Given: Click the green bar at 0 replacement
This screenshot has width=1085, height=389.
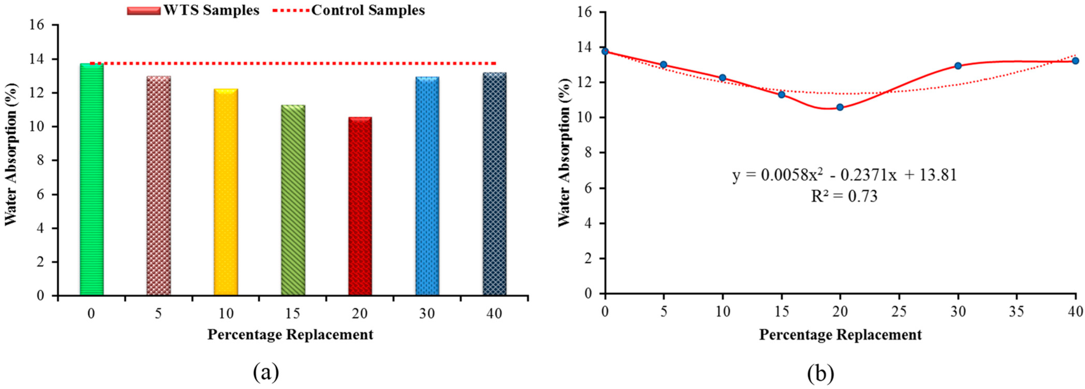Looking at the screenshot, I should click(x=91, y=179).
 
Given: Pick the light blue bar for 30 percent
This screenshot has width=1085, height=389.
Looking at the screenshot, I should click(x=427, y=185).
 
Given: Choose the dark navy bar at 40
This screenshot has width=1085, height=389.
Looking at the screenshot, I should click(x=494, y=183).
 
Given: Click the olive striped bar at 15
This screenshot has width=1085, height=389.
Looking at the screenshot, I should click(x=293, y=200).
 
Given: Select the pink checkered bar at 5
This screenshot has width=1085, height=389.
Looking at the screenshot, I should click(x=159, y=185).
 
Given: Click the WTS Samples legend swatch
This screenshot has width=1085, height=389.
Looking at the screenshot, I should click(x=143, y=10).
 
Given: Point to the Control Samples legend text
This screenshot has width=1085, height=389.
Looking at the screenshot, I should click(x=368, y=10).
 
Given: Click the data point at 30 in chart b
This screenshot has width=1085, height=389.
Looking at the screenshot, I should click(x=958, y=66).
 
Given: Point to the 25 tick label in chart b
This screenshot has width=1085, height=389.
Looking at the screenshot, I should click(x=899, y=311).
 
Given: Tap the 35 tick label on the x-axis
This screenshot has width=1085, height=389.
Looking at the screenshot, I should click(x=1016, y=311).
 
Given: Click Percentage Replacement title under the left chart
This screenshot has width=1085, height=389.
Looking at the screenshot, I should click(x=290, y=334).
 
